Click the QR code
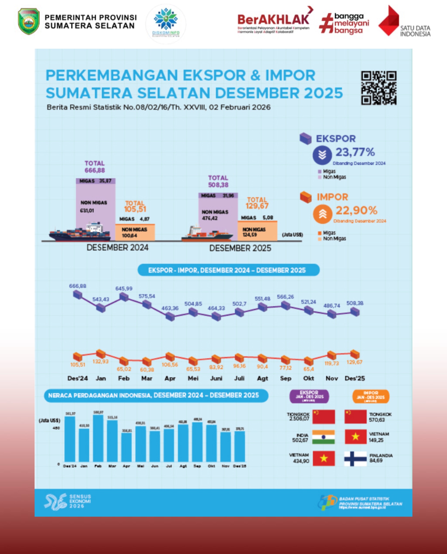pos(379,88)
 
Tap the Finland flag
pos(355,459)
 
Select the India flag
pos(323,437)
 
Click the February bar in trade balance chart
pos(98,438)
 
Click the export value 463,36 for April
pos(170,308)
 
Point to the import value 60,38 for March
pos(147,370)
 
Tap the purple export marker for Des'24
pos(78,295)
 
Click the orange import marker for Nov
pos(332,355)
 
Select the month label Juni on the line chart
pos(216,378)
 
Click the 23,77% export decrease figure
pos(355,152)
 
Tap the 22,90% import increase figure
pos(356,210)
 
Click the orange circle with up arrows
pos(322,214)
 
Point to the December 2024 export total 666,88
pos(95,170)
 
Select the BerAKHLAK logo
pos(273,20)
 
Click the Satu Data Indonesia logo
pos(404,22)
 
